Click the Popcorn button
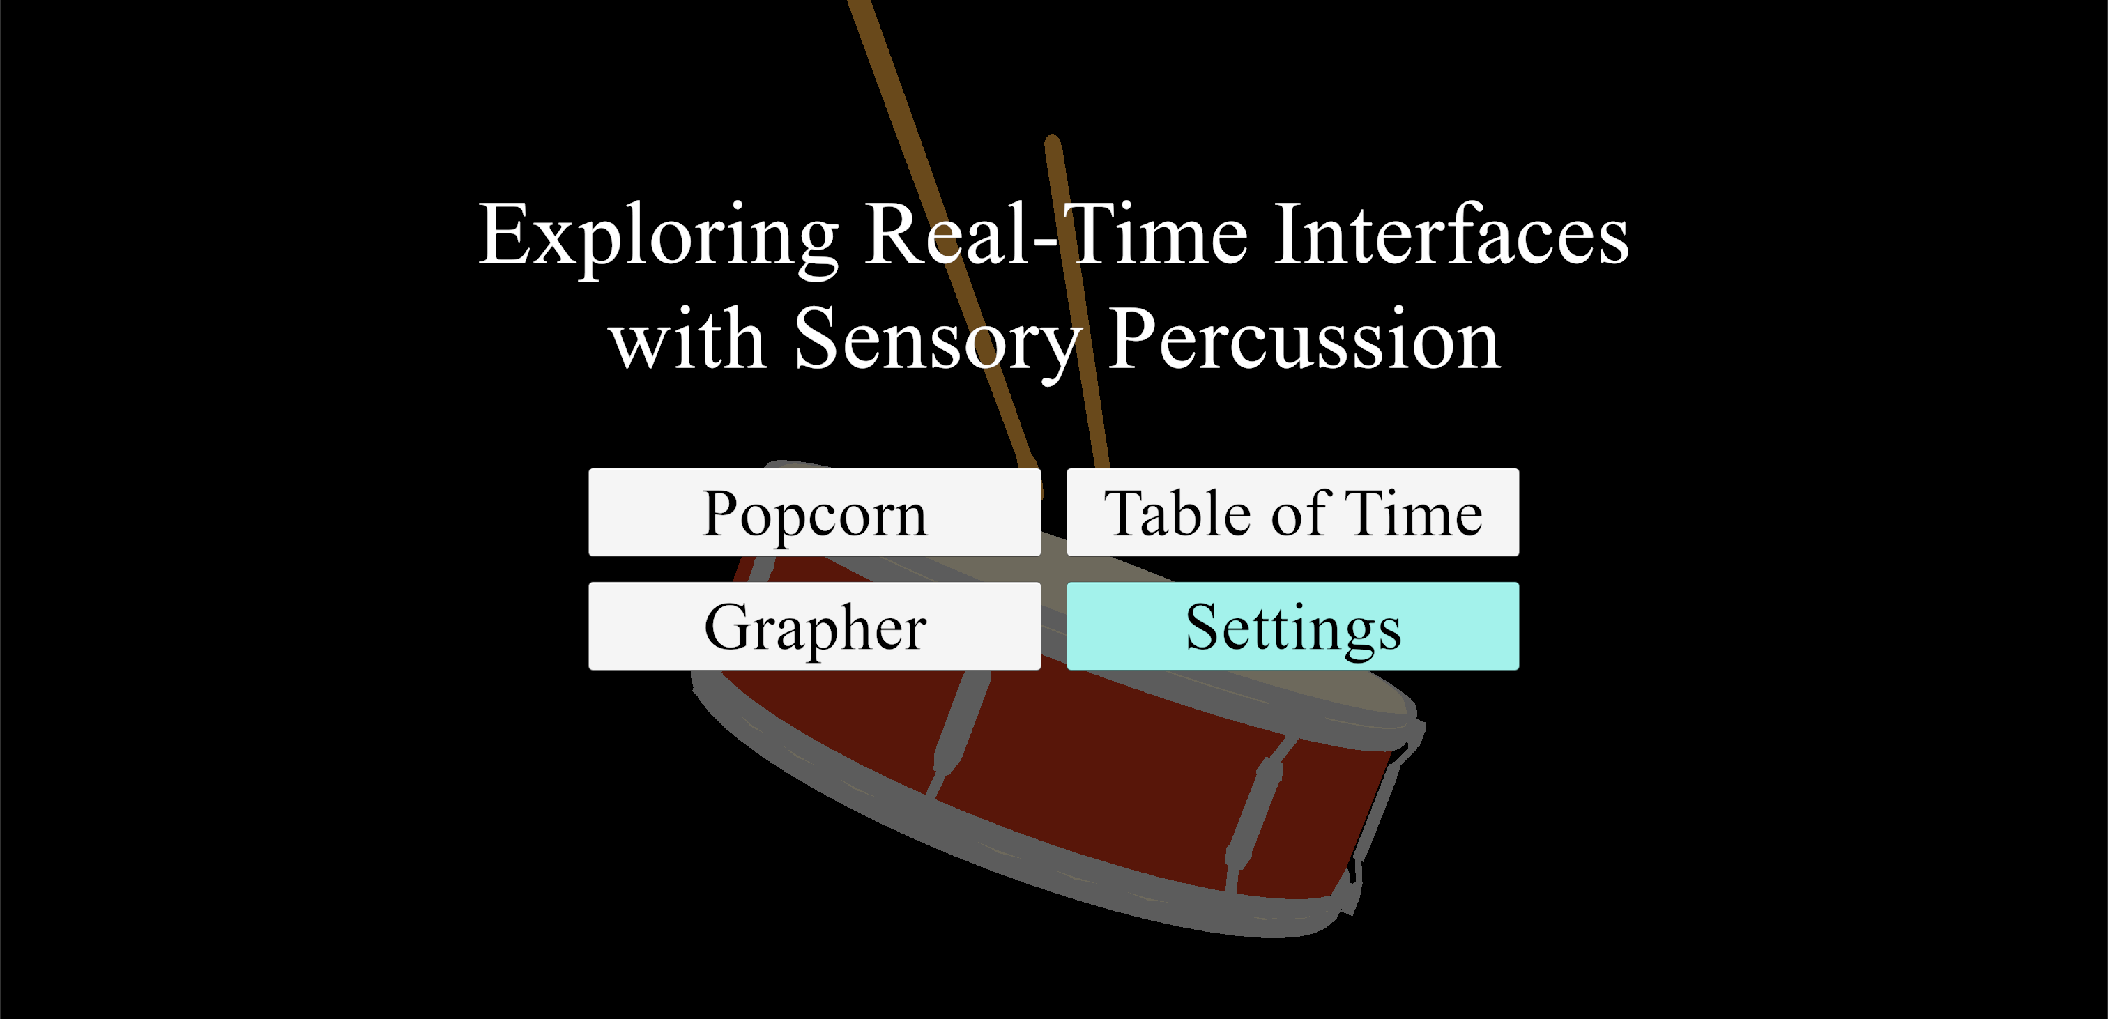[x=814, y=512]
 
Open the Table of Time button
[x=1293, y=512]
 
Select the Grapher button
[x=814, y=626]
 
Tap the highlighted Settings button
[x=1293, y=626]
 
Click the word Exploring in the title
[x=658, y=238]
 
